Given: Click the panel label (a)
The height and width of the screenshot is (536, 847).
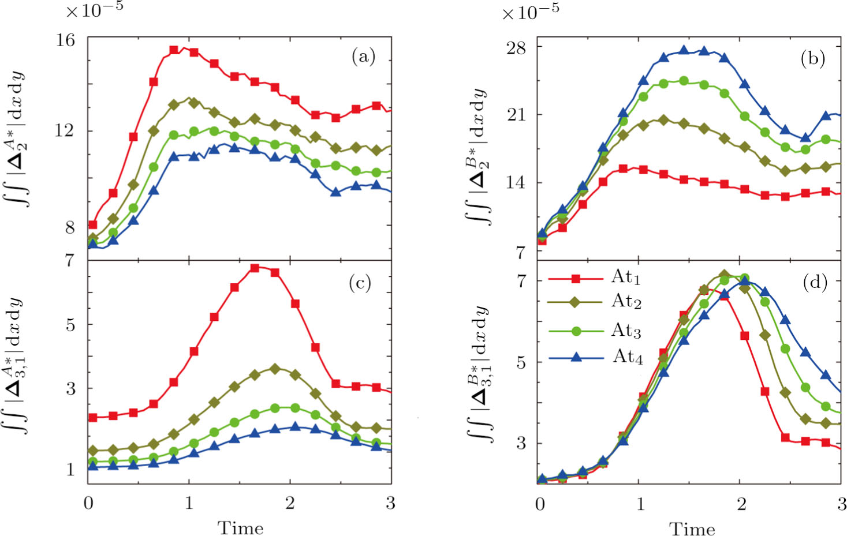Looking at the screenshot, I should tap(363, 57).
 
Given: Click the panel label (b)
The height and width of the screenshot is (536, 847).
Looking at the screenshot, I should tap(812, 59).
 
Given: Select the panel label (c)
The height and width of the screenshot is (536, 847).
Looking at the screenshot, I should tap(360, 283).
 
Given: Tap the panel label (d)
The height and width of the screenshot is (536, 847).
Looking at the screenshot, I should tap(815, 282).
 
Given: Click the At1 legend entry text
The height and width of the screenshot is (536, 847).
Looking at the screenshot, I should tap(626, 278).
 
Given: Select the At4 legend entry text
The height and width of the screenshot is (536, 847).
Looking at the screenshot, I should tap(628, 357).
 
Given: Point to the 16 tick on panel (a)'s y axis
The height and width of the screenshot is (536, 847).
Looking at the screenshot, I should tap(65, 40).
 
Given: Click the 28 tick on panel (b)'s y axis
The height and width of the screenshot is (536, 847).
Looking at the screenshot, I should tap(516, 47).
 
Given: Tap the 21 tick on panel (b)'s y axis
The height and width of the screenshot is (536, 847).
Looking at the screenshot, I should tap(516, 115).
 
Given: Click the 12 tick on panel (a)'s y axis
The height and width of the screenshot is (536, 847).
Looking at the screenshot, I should tap(65, 130).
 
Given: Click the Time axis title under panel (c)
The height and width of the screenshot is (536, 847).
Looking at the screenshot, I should tap(240, 527).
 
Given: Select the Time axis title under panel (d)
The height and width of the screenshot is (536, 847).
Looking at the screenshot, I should tap(692, 528).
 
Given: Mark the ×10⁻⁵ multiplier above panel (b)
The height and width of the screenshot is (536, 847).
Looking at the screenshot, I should tap(530, 12).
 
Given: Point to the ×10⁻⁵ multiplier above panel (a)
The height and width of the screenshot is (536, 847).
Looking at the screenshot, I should tap(94, 9).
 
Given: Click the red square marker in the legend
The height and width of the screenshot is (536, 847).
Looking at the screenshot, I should tap(576, 279).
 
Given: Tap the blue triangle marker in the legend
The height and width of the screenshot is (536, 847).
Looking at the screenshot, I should tap(576, 357).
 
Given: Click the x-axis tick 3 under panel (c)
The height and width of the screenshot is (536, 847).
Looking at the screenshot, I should tap(391, 503).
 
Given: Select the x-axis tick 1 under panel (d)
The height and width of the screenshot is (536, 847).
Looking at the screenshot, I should tap(640, 504).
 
